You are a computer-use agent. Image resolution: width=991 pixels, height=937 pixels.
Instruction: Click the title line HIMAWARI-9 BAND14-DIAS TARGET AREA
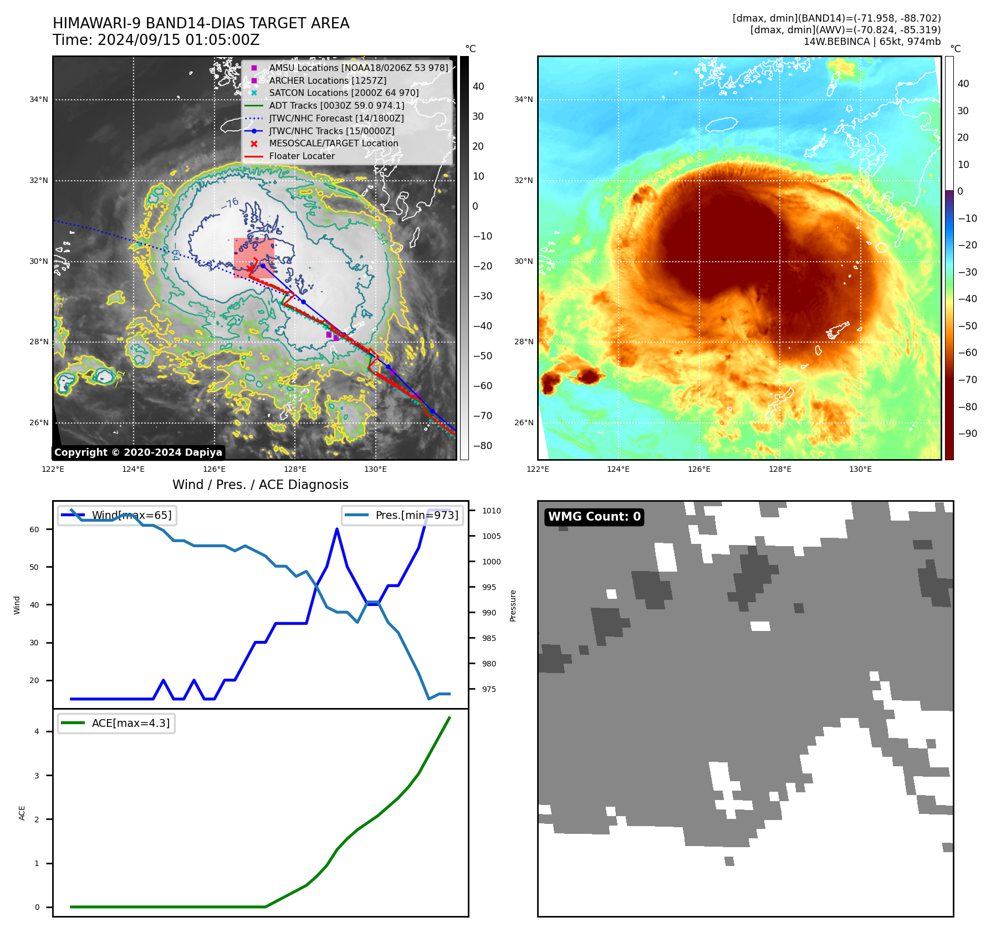[201, 23]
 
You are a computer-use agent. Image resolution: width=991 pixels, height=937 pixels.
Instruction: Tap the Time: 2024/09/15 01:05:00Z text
[156, 40]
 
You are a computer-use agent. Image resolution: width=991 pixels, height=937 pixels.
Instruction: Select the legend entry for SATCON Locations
[344, 93]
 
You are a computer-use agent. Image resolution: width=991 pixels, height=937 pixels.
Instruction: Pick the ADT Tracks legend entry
[336, 105]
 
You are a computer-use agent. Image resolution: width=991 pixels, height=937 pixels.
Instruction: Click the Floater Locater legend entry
[302, 156]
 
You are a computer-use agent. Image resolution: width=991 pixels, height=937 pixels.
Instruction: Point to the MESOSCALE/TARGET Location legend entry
[333, 144]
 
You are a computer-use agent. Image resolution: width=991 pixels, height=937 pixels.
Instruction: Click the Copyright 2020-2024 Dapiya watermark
[138, 452]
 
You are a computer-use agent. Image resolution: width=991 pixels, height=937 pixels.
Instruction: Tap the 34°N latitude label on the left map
[39, 100]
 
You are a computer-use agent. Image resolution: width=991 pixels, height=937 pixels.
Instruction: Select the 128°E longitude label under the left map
[295, 470]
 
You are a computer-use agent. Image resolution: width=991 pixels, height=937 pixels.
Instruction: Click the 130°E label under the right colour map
[860, 470]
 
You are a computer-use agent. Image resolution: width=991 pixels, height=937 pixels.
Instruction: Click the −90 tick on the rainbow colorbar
[967, 434]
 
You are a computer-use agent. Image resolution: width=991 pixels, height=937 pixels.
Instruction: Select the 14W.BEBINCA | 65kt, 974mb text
[872, 42]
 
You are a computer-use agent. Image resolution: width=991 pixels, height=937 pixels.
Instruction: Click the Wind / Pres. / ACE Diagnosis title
[260, 485]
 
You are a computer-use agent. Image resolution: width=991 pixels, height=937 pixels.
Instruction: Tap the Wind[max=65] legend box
[117, 515]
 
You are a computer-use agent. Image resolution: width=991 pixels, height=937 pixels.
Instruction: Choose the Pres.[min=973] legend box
[402, 515]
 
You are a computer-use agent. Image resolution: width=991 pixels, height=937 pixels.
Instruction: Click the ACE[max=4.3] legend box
[116, 723]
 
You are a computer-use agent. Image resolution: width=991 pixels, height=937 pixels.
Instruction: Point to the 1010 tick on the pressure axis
[491, 511]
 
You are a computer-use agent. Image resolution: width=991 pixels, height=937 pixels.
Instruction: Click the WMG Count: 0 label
[594, 517]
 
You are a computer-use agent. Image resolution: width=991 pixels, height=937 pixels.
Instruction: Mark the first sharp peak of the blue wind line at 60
[337, 529]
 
